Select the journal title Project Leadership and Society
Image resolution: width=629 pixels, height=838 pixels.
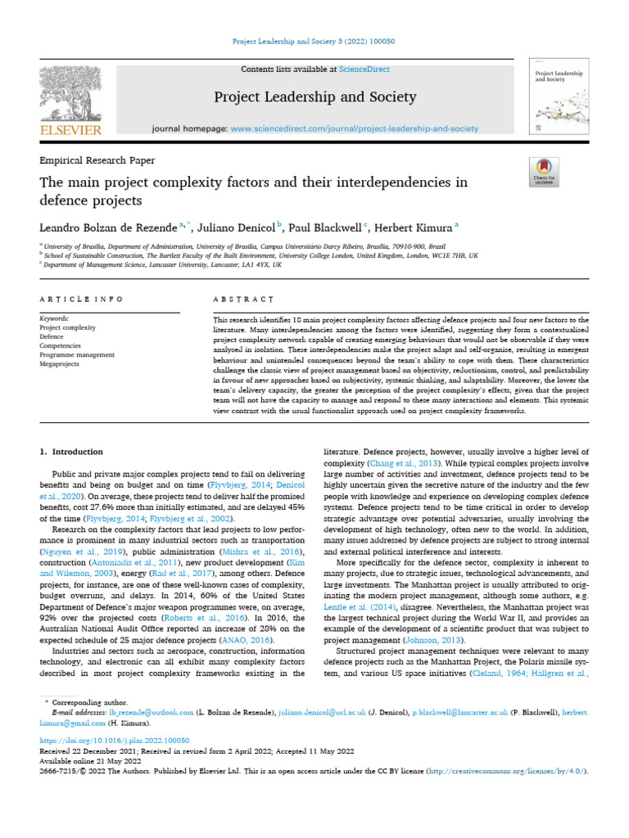(x=314, y=97)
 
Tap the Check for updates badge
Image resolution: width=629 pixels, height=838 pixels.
(x=545, y=172)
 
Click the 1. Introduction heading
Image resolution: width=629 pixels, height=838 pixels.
(x=71, y=451)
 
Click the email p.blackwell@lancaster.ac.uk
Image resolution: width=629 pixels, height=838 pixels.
(x=460, y=713)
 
